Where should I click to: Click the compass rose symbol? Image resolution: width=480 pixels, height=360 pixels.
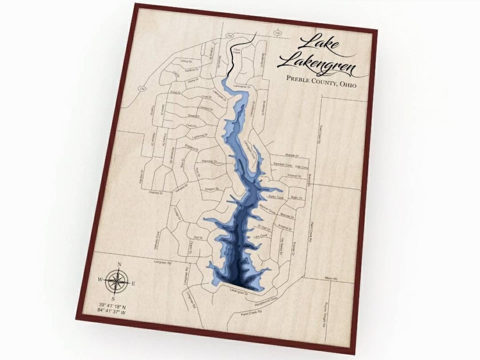pos(116,281)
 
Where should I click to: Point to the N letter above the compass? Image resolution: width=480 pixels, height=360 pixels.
pos(119,265)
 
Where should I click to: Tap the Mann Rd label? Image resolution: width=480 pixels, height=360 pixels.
pos(331,278)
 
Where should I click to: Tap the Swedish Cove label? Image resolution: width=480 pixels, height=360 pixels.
pos(283,164)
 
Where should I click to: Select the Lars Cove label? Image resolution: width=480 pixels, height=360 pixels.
pos(260,237)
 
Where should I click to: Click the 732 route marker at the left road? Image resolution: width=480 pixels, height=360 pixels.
pos(142,88)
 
